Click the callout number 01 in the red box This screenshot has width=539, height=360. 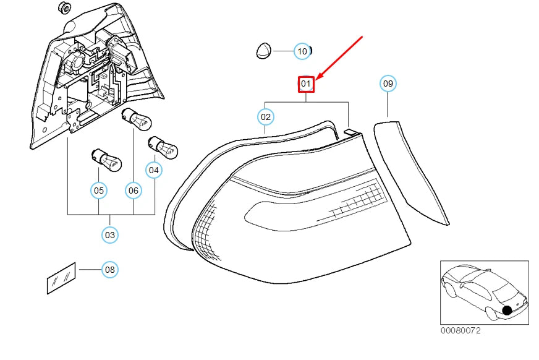pyautogui.click(x=305, y=84)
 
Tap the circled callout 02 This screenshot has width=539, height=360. pyautogui.click(x=266, y=117)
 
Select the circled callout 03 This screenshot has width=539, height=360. pyautogui.click(x=110, y=235)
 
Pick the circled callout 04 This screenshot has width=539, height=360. pyautogui.click(x=154, y=170)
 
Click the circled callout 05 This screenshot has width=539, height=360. pyautogui.click(x=99, y=191)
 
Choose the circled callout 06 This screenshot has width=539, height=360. pyautogui.click(x=134, y=191)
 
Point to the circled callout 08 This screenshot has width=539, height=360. pyautogui.click(x=110, y=270)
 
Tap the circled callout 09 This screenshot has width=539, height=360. pyautogui.click(x=388, y=84)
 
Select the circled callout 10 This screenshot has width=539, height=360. pyautogui.click(x=302, y=51)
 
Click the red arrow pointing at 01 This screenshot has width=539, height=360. pyautogui.click(x=339, y=58)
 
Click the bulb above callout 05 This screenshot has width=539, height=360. pyautogui.click(x=106, y=160)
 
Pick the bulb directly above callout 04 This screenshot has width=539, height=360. pyautogui.click(x=163, y=147)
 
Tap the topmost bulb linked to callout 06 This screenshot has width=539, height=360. pyautogui.click(x=137, y=119)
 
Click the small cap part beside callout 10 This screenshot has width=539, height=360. pyautogui.click(x=264, y=51)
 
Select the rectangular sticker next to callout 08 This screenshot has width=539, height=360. pyautogui.click(x=61, y=278)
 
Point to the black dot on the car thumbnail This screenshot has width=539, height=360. pyautogui.click(x=507, y=311)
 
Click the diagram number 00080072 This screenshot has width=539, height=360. pyautogui.click(x=460, y=331)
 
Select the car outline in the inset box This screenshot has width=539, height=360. pyautogui.click(x=485, y=292)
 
